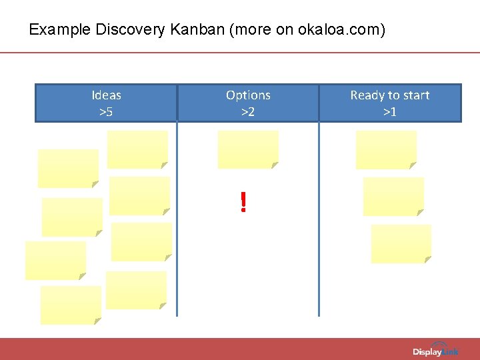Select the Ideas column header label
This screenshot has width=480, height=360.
click(x=106, y=95)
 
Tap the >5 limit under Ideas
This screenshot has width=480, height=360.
click(x=106, y=111)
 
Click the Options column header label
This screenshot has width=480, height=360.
click(x=248, y=95)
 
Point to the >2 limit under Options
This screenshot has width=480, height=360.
click(x=248, y=111)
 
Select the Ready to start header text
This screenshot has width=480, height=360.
click(x=390, y=95)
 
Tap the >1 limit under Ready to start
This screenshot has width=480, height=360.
click(x=390, y=111)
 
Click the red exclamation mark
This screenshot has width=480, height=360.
click(x=243, y=202)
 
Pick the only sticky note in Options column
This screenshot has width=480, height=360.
click(x=248, y=149)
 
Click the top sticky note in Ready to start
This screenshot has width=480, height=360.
click(x=386, y=149)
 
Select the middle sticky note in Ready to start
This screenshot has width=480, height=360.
click(x=393, y=196)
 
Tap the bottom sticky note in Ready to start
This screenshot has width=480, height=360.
click(x=401, y=243)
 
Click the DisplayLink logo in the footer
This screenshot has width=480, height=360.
click(x=435, y=351)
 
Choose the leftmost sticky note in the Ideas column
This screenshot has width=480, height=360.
click(x=55, y=261)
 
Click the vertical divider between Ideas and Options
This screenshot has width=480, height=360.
click(x=177, y=220)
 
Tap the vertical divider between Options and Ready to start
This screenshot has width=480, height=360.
click(x=319, y=220)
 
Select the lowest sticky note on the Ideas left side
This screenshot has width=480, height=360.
click(x=71, y=305)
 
